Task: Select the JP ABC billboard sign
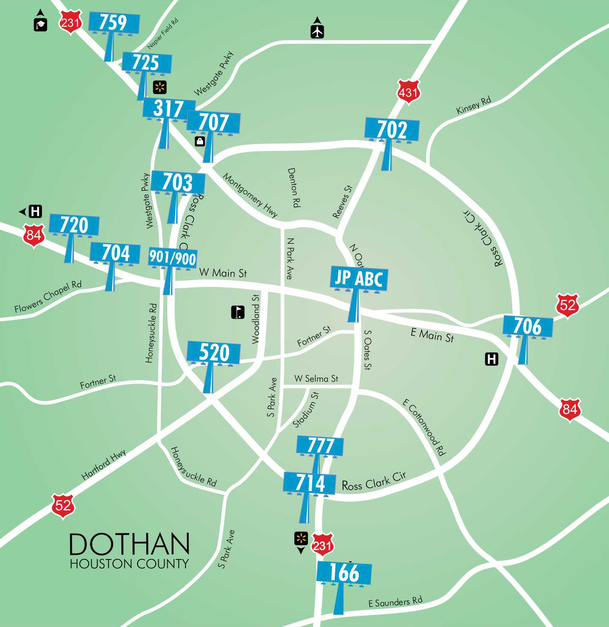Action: pyautogui.click(x=359, y=278)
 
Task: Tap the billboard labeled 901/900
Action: pyautogui.click(x=172, y=258)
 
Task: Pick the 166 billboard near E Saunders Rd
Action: pyautogui.click(x=344, y=573)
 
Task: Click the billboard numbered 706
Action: pyautogui.click(x=528, y=326)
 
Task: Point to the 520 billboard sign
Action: pyautogui.click(x=214, y=353)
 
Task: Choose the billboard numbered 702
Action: pyautogui.click(x=392, y=129)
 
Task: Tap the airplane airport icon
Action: pyautogui.click(x=317, y=32)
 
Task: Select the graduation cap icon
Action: pyautogui.click(x=41, y=25)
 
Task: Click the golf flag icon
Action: pyautogui.click(x=238, y=312)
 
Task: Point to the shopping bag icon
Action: pyautogui.click(x=200, y=141)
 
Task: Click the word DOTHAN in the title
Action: pyautogui.click(x=129, y=544)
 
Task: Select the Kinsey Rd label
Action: pyautogui.click(x=473, y=105)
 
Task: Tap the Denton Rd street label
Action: pyautogui.click(x=293, y=187)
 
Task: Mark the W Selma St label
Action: pyautogui.click(x=316, y=379)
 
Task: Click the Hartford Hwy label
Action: pyautogui.click(x=103, y=464)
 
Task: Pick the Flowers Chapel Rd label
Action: pyautogui.click(x=48, y=296)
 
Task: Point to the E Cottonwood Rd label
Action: pyautogui.click(x=424, y=427)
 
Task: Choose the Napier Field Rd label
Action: pyautogui.click(x=163, y=34)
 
